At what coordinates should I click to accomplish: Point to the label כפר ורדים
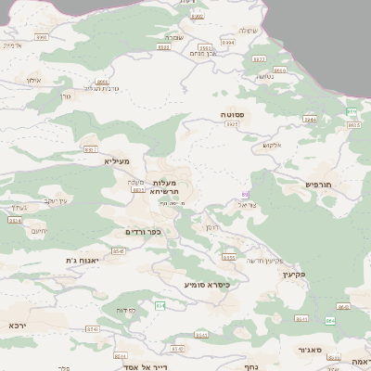coord(144,232)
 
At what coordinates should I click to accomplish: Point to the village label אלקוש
coord(272,144)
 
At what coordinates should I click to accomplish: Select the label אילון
coord(33,81)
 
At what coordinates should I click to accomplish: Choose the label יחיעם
coord(39,230)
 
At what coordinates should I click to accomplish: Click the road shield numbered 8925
coord(232,123)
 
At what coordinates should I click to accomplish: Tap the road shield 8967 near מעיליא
coord(91,148)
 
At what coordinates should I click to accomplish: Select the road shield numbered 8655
coord(229,257)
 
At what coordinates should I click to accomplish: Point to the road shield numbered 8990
coord(41,37)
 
